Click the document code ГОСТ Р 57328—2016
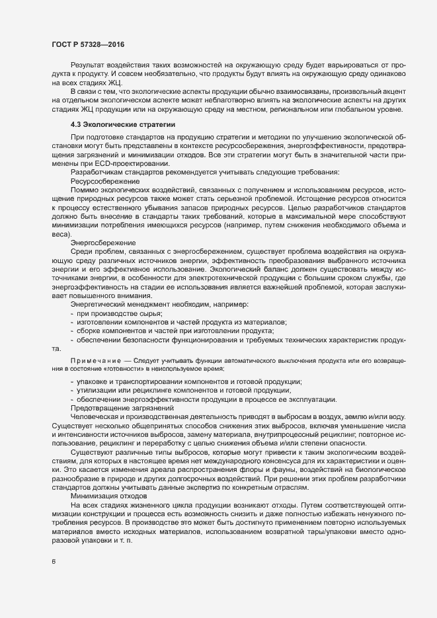coord(88,44)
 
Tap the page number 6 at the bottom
coord(53,562)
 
